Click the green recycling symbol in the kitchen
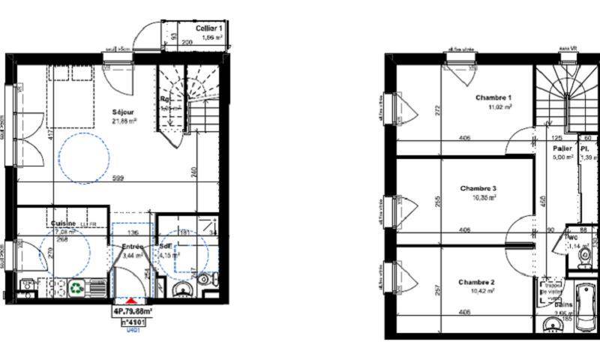(x=76, y=286)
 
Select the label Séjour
(x=124, y=112)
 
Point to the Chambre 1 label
(x=493, y=97)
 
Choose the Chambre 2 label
(x=477, y=282)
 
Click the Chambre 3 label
(x=478, y=188)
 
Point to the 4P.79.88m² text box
(x=133, y=310)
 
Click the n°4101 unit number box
(x=133, y=321)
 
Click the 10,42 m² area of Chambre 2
(x=477, y=291)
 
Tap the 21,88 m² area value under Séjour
(x=124, y=121)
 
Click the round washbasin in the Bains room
(x=553, y=325)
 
